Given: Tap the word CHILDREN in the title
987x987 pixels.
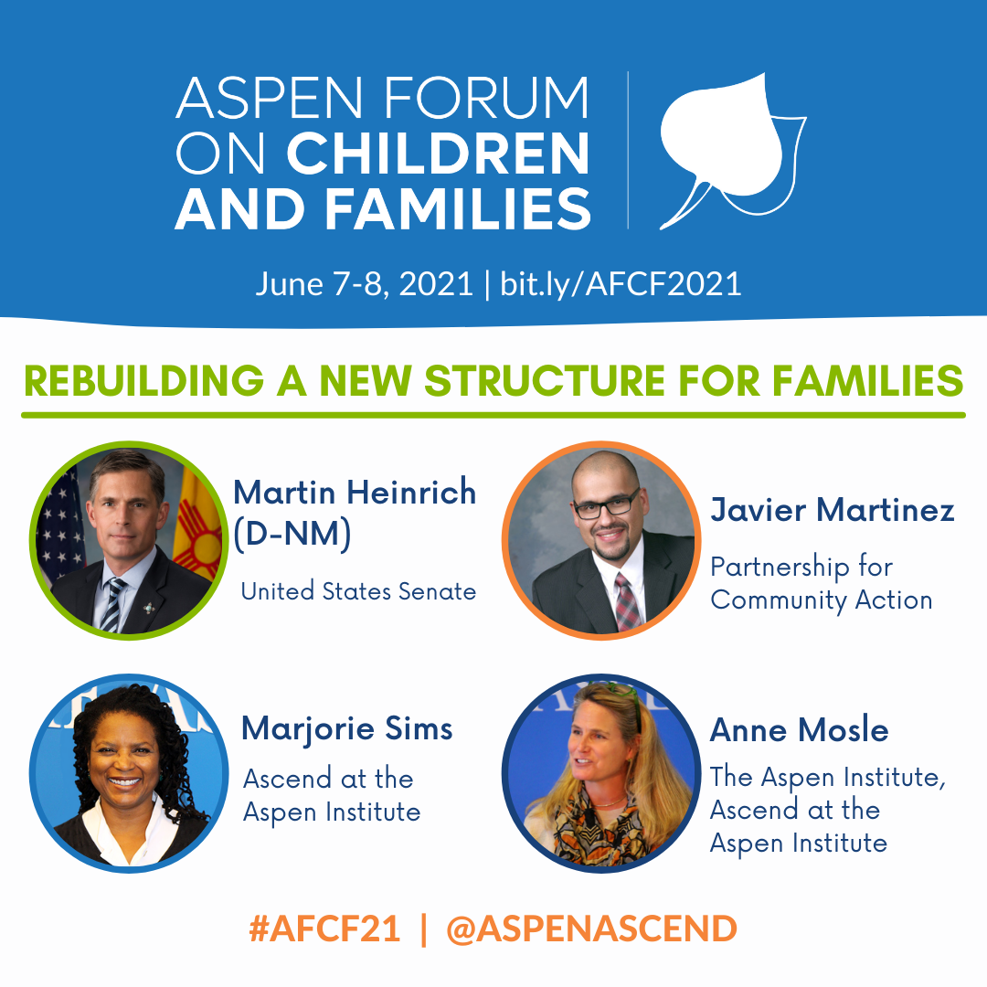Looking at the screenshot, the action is pyautogui.click(x=439, y=153).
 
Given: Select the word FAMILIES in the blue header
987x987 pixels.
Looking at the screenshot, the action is pyautogui.click(x=458, y=208).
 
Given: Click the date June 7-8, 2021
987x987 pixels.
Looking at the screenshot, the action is pyautogui.click(x=364, y=284).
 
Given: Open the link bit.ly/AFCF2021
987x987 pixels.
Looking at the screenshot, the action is pyautogui.click(x=621, y=284).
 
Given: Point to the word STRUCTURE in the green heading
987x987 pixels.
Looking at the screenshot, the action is pyautogui.click(x=545, y=381).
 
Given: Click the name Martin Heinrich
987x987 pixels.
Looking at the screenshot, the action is pyautogui.click(x=355, y=492).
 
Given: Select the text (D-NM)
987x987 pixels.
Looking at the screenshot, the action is pyautogui.click(x=292, y=534).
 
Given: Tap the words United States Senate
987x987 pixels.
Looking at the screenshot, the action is pyautogui.click(x=358, y=591).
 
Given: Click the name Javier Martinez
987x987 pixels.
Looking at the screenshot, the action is pyautogui.click(x=833, y=509).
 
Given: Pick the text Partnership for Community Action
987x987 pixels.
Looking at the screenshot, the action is pyautogui.click(x=822, y=583).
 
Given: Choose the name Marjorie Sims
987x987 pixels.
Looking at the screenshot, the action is pyautogui.click(x=347, y=729).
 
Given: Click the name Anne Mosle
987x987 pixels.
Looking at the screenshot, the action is pyautogui.click(x=800, y=730).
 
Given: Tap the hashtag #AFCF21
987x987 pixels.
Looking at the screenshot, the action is pyautogui.click(x=324, y=929).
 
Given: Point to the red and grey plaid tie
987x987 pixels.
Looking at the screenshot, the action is pyautogui.click(x=628, y=602).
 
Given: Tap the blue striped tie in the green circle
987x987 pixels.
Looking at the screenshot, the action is pyautogui.click(x=112, y=605).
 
